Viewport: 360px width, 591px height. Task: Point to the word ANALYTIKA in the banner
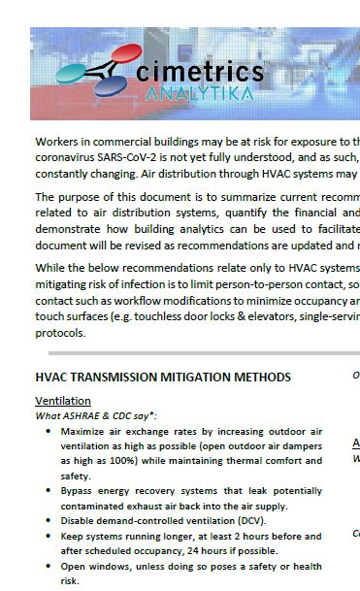pos(199,93)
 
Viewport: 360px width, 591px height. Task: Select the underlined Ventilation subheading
pos(63,401)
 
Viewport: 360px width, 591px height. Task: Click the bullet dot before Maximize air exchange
pos(49,430)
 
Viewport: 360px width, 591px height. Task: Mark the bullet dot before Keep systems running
pos(49,536)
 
